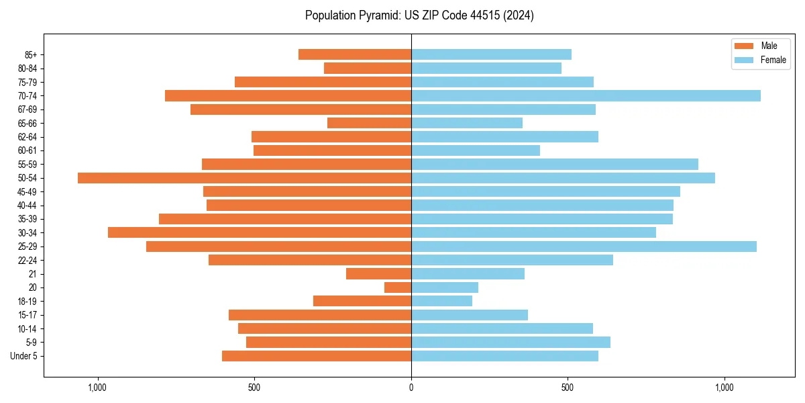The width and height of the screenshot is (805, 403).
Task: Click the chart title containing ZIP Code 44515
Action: pyautogui.click(x=419, y=15)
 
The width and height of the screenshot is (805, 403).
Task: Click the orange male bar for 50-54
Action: pyautogui.click(x=244, y=178)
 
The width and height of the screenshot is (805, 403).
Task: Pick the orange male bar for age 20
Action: pyautogui.click(x=398, y=287)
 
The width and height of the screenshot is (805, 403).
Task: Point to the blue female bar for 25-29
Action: pyautogui.click(x=584, y=247)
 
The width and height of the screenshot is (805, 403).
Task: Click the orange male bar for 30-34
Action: pyautogui.click(x=260, y=232)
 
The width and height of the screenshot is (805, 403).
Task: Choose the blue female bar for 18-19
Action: pyautogui.click(x=441, y=301)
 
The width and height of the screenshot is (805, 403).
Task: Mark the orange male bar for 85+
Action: pyautogui.click(x=355, y=54)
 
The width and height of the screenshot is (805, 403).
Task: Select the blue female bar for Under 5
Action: pyautogui.click(x=504, y=356)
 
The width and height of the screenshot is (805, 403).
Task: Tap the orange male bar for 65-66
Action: pyautogui.click(x=369, y=123)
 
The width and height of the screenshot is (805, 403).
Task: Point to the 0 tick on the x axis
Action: pyautogui.click(x=411, y=388)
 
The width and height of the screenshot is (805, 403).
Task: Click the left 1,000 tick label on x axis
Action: pyautogui.click(x=98, y=388)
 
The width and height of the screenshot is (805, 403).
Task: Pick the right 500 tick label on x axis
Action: pyautogui.click(x=568, y=388)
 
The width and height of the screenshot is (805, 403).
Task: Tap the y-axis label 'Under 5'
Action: pyautogui.click(x=23, y=356)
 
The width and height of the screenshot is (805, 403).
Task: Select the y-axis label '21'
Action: pyautogui.click(x=32, y=274)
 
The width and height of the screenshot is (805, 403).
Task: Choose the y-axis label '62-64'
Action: pyautogui.click(x=28, y=137)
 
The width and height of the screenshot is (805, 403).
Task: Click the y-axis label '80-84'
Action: pyautogui.click(x=28, y=69)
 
